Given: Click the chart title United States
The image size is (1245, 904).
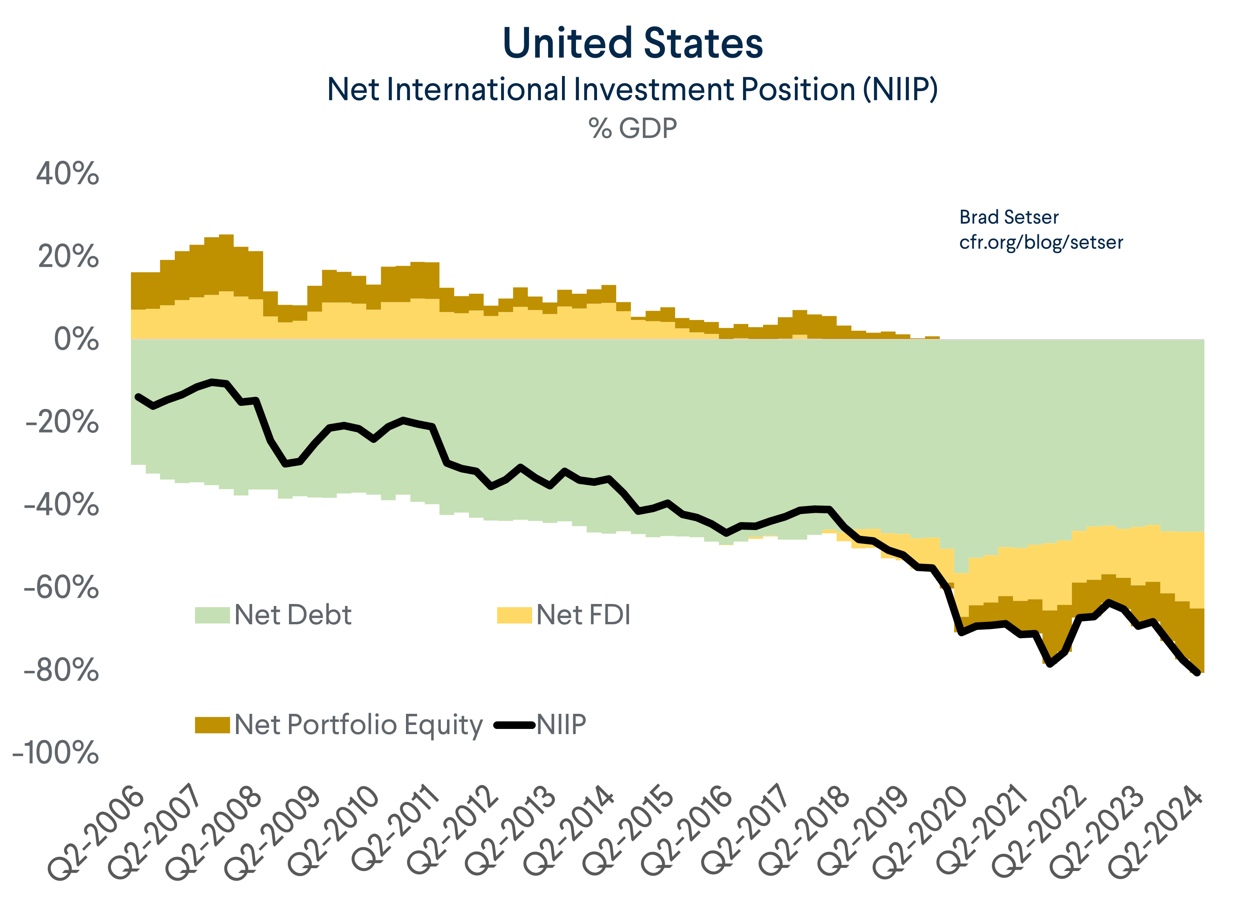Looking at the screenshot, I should coord(632,43).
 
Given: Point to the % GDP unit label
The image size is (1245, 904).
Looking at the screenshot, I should coord(632,129).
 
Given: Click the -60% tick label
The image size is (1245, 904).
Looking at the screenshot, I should coord(61,588).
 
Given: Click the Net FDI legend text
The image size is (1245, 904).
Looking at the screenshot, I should coord(583,615).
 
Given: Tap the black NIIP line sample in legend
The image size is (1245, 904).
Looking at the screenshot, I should coord(514,725).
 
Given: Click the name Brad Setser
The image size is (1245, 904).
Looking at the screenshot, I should coord(1009,217).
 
